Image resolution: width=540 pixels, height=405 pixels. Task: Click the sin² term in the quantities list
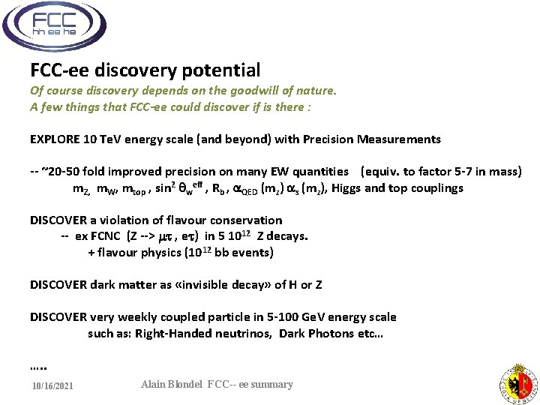(169, 187)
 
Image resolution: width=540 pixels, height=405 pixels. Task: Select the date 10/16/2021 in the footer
(52, 386)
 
